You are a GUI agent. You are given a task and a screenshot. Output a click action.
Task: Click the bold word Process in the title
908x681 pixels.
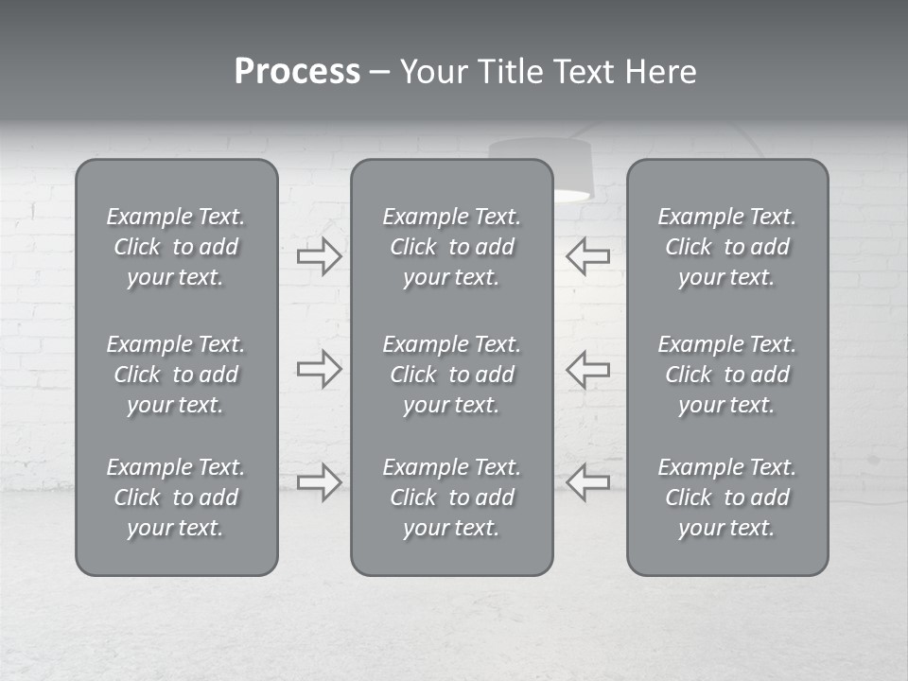click(x=297, y=72)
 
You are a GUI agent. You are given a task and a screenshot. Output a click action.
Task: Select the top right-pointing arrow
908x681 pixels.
click(x=319, y=255)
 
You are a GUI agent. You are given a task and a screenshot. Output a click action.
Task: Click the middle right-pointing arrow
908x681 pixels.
click(x=319, y=368)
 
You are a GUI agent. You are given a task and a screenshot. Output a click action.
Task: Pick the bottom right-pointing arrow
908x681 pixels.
click(x=319, y=482)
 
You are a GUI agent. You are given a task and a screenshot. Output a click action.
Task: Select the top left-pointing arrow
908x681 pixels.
click(x=587, y=255)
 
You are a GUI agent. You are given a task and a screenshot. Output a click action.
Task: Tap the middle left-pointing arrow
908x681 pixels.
click(x=587, y=368)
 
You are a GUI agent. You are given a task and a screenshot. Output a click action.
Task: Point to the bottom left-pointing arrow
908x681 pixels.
click(x=587, y=482)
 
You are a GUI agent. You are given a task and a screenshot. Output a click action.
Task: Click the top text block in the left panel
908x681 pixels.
click(x=176, y=247)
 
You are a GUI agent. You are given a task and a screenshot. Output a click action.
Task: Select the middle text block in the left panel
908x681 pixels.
click(x=176, y=375)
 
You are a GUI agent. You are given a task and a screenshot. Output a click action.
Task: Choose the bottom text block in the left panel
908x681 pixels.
click(x=176, y=498)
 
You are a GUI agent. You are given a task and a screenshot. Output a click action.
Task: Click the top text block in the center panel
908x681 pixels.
click(x=451, y=247)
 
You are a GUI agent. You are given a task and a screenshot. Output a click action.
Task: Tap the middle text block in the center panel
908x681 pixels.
click(x=451, y=375)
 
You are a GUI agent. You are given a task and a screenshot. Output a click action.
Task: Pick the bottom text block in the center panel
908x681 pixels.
click(x=451, y=498)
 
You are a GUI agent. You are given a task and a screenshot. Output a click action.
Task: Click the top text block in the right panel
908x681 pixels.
click(x=726, y=247)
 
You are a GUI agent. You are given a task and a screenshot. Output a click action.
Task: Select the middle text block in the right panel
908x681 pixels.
click(x=726, y=375)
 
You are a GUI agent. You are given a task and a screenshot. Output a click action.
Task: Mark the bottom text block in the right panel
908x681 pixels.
click(x=726, y=498)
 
